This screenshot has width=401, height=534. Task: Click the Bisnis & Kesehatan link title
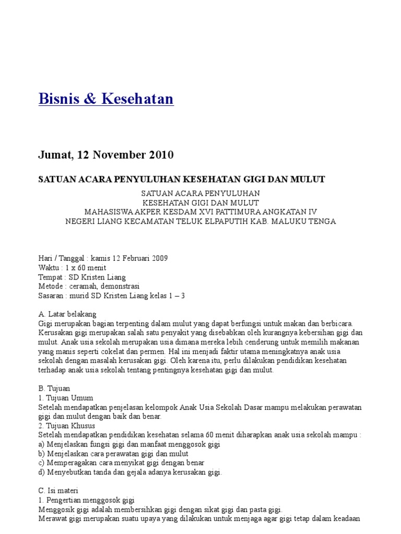[x=106, y=99]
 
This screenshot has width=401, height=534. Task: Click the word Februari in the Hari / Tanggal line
[x=133, y=259]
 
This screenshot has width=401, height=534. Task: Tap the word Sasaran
[x=52, y=296]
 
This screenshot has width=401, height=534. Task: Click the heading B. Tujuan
[x=54, y=389]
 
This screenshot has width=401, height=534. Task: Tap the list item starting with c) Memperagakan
[x=121, y=463]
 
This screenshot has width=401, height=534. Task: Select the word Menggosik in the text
[x=56, y=509]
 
